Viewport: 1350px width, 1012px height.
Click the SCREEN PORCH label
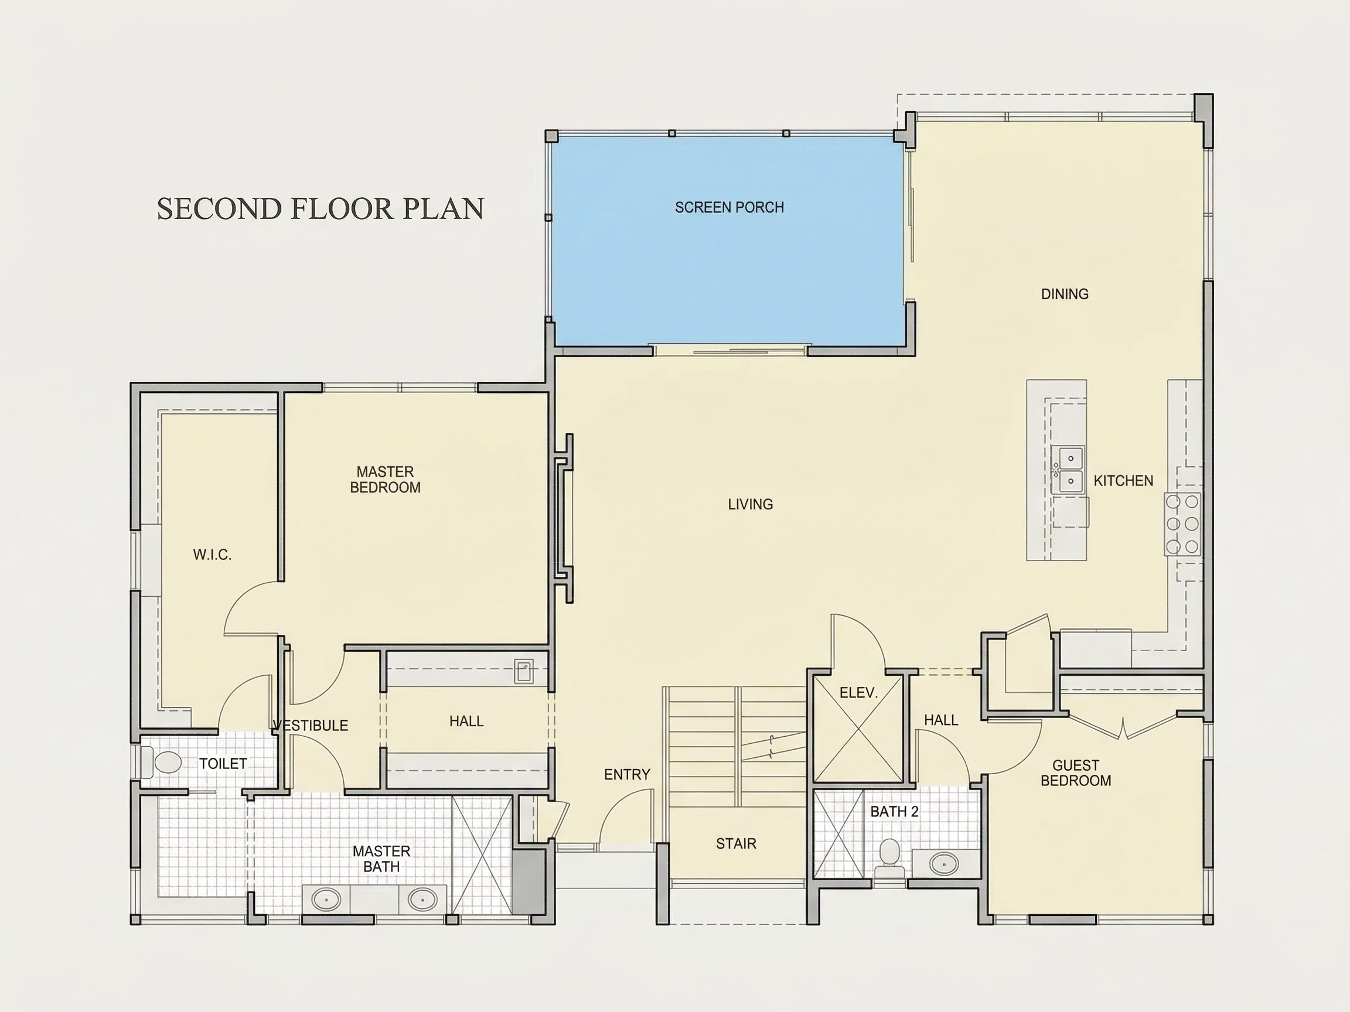[x=729, y=207]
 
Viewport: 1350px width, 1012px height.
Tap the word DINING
[x=1065, y=294]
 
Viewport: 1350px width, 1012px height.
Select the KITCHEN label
[x=1123, y=481]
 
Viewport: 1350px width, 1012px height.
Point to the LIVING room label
[x=750, y=504]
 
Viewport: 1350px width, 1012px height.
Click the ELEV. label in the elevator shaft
[x=858, y=692]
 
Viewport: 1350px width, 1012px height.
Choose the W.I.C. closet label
[x=212, y=555]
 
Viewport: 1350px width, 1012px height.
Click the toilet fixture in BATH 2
[x=890, y=857]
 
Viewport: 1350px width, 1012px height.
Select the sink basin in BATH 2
[x=944, y=863]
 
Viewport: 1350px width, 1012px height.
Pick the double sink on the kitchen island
[x=1068, y=469]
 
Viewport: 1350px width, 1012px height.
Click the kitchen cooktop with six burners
[x=1182, y=524]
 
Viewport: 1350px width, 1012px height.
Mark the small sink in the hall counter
[x=524, y=671]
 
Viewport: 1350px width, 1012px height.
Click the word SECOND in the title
[x=220, y=208]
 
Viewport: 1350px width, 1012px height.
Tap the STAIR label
[x=736, y=844]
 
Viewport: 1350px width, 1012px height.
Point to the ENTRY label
[x=627, y=774]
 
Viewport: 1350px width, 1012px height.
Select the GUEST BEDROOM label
[x=1075, y=773]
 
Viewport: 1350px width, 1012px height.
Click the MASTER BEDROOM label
[x=385, y=480]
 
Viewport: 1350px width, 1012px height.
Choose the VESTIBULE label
[x=311, y=725]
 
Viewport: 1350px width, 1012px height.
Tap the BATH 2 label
[x=894, y=811]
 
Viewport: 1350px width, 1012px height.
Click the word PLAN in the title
[x=444, y=208]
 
